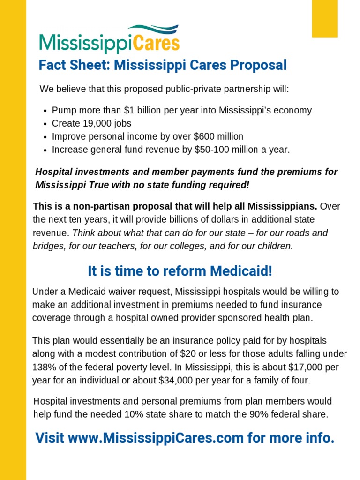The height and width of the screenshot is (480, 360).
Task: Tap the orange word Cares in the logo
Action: pyautogui.click(x=157, y=44)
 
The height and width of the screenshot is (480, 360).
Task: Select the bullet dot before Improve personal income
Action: pyautogui.click(x=45, y=137)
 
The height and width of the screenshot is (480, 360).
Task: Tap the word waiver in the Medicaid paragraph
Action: pyautogui.click(x=120, y=292)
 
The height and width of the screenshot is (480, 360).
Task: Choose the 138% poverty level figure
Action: pyautogui.click(x=44, y=367)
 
